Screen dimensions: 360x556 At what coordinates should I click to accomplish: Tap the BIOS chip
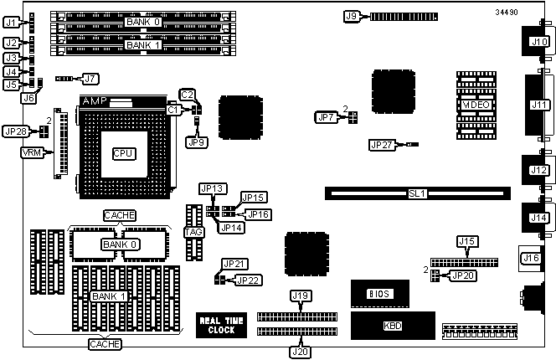379,294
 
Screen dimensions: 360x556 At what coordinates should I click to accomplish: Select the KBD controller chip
392,325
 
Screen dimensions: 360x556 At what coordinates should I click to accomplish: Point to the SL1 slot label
417,193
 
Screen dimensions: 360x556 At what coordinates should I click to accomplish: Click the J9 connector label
352,15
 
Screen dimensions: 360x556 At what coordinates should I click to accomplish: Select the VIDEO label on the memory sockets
476,104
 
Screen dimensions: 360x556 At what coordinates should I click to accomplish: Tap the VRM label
30,153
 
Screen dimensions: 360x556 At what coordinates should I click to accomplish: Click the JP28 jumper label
16,131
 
